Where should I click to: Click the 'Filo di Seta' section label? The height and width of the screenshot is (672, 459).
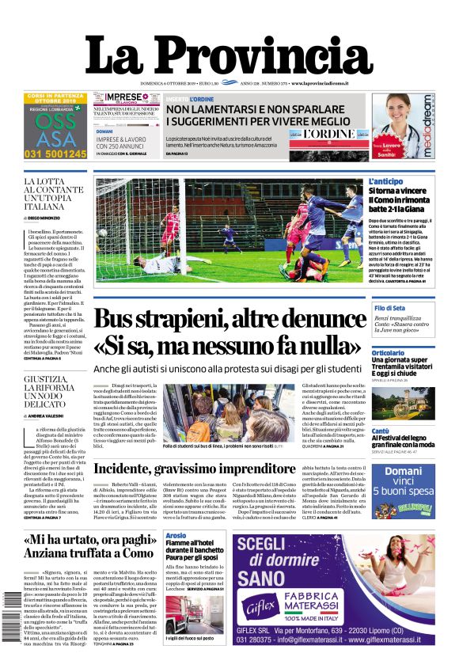click(390, 308)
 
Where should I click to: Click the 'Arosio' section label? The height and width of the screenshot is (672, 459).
click(176, 537)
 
